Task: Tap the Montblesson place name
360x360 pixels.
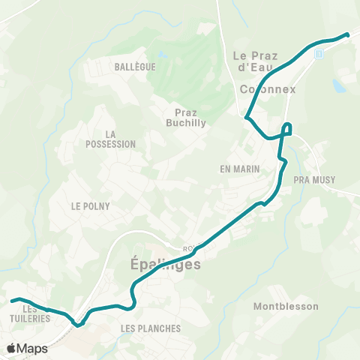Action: pos(286,306)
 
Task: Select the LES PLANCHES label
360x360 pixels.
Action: pos(151,328)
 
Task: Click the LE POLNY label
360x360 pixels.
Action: pos(90,206)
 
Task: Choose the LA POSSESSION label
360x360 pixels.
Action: pos(110,139)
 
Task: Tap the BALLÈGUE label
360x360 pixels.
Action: pos(135,67)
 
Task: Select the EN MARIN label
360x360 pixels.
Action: pos(240,169)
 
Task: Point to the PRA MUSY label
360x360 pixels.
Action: pos(314,180)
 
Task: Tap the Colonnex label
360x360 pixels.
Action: pos(268,89)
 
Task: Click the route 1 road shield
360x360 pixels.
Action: pos(320,54)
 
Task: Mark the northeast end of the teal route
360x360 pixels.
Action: pos(348,34)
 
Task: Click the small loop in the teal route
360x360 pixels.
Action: pos(288,127)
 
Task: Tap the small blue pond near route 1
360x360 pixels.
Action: pos(339,86)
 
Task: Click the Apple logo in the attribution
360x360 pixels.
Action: pos(10,349)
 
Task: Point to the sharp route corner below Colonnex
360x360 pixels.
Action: pos(247,116)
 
